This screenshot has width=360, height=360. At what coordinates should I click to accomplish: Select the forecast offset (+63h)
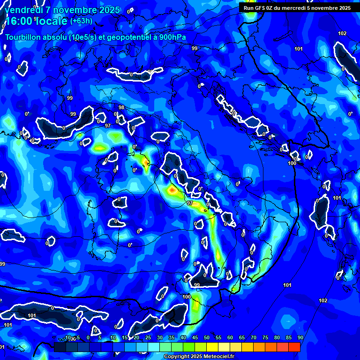tap(81, 21)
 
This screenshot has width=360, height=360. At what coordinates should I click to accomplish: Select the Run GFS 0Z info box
tap(297, 7)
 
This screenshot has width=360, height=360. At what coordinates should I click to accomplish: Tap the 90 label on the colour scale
tap(300, 338)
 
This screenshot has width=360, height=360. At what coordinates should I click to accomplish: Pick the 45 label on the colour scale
tap(195, 338)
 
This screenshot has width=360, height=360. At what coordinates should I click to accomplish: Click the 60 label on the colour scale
tap(230, 338)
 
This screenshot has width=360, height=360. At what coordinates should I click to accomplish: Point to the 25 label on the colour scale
tap(148, 338)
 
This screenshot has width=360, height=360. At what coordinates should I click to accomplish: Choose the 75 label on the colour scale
tap(265, 338)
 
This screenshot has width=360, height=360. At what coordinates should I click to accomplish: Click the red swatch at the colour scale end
tap(294, 347)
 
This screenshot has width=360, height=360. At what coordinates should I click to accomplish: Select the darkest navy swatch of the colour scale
tap(60, 347)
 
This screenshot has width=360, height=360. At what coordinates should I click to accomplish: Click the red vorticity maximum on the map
tap(172, 190)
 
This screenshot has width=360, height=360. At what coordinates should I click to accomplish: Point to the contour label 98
tap(121, 108)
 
